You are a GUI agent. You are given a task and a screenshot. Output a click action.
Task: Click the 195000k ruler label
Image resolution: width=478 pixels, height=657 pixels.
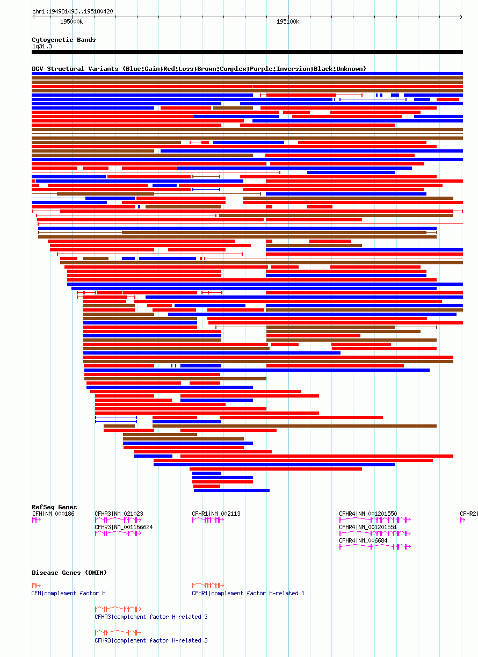click(x=71, y=21)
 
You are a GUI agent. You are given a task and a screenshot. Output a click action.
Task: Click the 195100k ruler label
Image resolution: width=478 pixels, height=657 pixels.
click(x=288, y=21)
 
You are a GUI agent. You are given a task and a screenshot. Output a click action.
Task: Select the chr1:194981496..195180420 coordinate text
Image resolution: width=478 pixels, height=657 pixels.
click(x=73, y=11)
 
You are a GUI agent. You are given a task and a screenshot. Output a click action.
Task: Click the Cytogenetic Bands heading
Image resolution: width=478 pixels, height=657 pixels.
click(x=63, y=40)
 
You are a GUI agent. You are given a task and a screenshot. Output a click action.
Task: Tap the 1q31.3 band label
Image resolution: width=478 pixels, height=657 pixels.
click(x=42, y=46)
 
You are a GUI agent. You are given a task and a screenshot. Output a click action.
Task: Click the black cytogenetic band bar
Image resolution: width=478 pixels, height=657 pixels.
click(x=247, y=52)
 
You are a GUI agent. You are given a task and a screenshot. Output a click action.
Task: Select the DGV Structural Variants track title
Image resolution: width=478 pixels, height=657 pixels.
click(x=199, y=69)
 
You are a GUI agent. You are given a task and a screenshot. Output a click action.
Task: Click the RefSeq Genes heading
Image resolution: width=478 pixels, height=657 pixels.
click(x=54, y=507)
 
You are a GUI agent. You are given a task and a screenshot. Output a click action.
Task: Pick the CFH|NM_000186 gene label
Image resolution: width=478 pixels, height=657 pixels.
click(x=53, y=514)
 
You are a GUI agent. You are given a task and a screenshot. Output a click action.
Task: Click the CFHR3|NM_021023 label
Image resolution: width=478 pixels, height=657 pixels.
click(x=119, y=514)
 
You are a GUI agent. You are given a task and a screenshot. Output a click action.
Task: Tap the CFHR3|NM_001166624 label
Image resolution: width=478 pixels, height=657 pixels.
click(x=124, y=527)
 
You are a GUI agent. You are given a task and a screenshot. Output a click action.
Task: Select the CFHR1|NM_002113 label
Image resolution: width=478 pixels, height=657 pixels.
click(x=216, y=514)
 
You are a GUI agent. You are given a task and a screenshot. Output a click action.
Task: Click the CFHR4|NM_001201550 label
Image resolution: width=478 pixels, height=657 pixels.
click(x=368, y=514)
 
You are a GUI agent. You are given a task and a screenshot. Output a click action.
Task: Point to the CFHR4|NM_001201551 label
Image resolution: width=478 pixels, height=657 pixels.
click(x=368, y=527)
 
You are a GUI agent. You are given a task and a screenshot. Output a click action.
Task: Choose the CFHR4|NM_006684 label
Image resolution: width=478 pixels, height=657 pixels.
click(x=363, y=540)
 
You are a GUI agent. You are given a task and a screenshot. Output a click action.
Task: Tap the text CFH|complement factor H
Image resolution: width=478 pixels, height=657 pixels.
click(x=69, y=593)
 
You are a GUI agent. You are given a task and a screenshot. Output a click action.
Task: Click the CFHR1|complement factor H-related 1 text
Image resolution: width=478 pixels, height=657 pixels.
click(x=248, y=593)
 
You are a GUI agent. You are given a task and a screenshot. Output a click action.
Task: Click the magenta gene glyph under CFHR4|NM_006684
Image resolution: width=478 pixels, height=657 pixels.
click(x=374, y=547)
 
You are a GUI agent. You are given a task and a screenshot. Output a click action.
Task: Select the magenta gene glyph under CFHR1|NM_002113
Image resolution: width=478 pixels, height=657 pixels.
click(x=208, y=520)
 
